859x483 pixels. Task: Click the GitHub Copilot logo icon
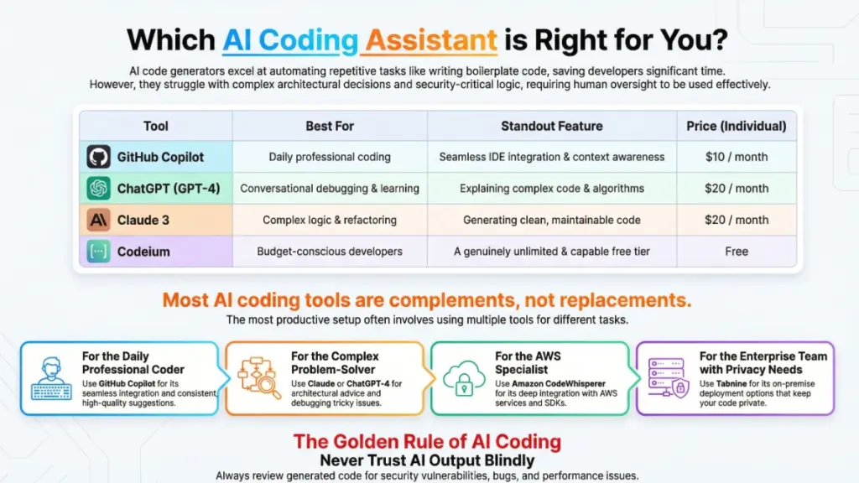[x=98, y=157]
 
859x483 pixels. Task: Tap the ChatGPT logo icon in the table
[x=98, y=189]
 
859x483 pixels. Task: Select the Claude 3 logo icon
[x=98, y=220]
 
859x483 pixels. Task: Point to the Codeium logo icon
[x=98, y=252]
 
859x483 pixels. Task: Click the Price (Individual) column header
[x=736, y=126]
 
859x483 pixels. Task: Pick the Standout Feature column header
[x=551, y=126]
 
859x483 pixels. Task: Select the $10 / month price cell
[x=736, y=157]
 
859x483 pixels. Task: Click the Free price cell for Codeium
[x=736, y=252]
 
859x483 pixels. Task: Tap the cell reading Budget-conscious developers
[x=329, y=252]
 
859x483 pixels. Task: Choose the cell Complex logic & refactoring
[x=329, y=220]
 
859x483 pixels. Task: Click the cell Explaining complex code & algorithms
[x=551, y=189]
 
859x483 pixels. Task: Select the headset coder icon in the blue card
[x=51, y=378]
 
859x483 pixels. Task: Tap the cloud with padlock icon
[x=462, y=378]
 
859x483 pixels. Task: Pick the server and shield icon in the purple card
[x=669, y=378]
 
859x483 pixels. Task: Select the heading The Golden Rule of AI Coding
[x=427, y=442]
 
